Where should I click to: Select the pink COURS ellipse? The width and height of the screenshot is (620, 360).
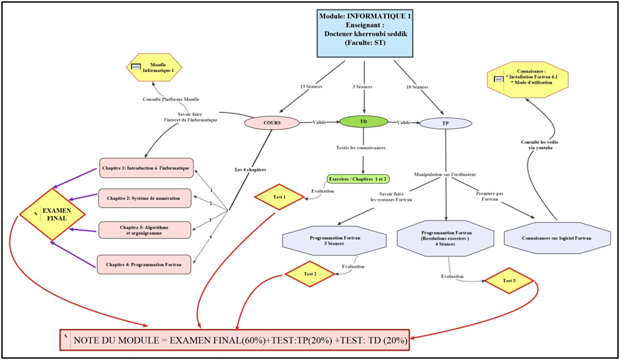tap(272, 123)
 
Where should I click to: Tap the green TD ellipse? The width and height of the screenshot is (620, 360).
tap(364, 122)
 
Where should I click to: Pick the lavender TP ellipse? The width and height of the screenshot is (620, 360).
tap(446, 124)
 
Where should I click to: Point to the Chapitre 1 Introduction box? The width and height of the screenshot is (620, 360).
tap(146, 168)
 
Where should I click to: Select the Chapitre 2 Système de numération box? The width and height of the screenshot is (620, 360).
tap(146, 197)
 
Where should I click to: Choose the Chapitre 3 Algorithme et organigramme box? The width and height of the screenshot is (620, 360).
tap(145, 230)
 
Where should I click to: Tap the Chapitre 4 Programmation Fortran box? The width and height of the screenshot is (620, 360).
tap(145, 264)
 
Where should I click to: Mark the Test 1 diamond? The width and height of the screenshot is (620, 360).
tap(280, 197)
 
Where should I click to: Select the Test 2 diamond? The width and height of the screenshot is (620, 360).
tap(310, 273)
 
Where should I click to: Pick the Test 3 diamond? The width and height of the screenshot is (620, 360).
tap(509, 281)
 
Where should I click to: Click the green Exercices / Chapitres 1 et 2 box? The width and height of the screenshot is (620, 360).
tap(358, 179)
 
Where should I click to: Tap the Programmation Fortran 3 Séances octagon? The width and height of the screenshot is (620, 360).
tap(334, 240)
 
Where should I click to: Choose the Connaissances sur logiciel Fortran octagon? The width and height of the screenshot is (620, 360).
tap(556, 237)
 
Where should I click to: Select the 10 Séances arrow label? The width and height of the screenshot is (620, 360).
tap(416, 87)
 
